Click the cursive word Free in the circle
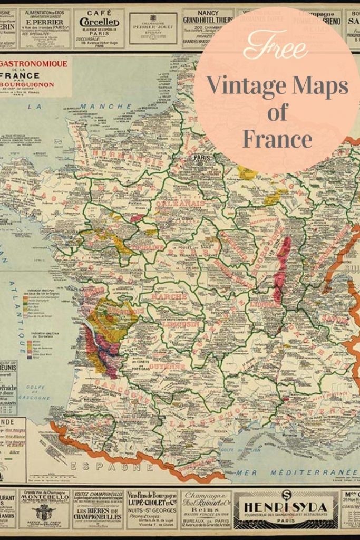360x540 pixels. point(276,47)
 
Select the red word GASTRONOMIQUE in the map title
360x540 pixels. point(34,64)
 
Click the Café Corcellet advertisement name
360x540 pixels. point(100,22)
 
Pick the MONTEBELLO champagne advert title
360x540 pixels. point(45,502)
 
